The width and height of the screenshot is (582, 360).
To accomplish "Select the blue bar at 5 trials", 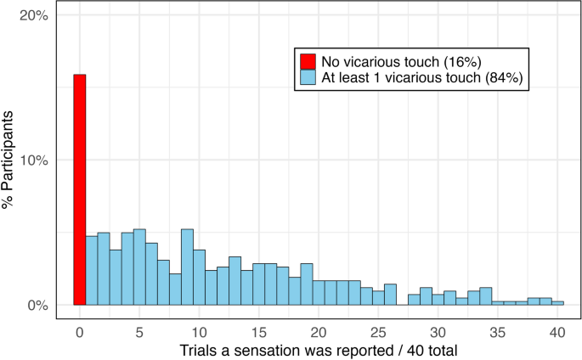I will (139, 267).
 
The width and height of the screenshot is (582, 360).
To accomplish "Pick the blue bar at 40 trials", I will (558, 302).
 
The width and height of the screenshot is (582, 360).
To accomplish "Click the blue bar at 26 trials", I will (390, 294).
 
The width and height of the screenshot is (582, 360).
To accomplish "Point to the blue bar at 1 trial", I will (91, 270).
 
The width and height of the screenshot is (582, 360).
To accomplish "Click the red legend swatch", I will (307, 62).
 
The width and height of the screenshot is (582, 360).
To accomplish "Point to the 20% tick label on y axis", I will (33, 16).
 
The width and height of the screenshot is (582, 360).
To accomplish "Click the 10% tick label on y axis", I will (33, 160).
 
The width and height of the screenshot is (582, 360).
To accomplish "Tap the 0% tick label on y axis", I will (37, 305).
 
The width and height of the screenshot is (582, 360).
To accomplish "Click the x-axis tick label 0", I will (79, 331).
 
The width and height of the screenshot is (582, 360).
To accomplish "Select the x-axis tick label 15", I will (258, 331).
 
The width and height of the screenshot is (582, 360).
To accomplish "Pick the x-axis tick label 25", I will (378, 331).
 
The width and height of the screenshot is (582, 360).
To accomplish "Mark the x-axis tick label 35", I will (498, 331).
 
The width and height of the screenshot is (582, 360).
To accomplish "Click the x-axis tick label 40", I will (557, 331).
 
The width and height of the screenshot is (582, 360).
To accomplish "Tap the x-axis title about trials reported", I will (318, 350).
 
